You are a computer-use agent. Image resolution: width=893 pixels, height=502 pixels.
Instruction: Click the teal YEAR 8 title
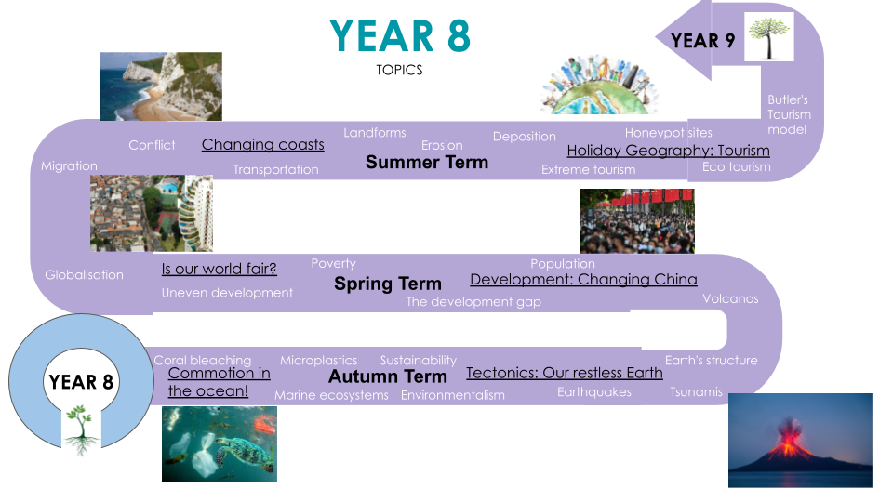[400, 35]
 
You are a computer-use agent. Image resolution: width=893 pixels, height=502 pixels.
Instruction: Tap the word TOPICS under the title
[399, 70]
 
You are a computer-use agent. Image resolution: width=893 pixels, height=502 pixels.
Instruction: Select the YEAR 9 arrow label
[703, 40]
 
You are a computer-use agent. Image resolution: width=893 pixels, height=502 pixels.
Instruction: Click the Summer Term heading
[427, 162]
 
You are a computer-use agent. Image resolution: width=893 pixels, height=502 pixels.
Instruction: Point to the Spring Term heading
[388, 284]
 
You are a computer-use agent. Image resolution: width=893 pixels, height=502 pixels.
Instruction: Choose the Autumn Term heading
[388, 376]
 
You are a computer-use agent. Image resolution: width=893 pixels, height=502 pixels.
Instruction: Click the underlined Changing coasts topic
[263, 145]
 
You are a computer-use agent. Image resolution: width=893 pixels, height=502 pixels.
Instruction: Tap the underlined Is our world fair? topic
[220, 269]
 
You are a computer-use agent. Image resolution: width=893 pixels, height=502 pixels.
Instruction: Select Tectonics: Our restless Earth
[565, 373]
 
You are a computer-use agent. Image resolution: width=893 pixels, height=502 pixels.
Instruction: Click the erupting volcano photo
[800, 440]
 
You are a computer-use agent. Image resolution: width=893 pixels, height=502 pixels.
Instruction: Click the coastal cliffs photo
[161, 86]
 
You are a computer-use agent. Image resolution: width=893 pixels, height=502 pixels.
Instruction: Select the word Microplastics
[318, 361]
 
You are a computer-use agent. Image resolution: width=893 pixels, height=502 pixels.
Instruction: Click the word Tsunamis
[696, 391]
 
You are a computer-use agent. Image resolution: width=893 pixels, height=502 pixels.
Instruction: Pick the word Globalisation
[85, 274]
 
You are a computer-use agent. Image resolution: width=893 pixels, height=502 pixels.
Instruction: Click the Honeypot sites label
[669, 133]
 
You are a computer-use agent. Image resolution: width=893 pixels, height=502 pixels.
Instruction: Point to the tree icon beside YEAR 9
[769, 37]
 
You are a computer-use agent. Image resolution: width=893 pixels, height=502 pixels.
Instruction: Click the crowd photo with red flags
[636, 221]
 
